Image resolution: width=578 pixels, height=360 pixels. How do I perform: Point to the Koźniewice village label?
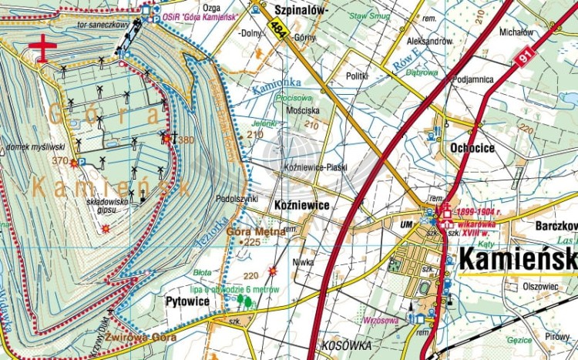coord(302,206)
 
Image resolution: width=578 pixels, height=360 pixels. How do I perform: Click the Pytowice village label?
coord(187,301)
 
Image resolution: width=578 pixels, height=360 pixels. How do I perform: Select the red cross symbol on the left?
coord(43,46)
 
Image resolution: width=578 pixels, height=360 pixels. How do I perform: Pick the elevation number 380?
coord(186,140)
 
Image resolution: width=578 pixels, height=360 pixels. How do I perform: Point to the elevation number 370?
coord(60,160)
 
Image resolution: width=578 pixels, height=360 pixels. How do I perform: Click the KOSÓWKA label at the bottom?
coord(348,344)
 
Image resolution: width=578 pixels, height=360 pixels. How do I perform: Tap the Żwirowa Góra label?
coord(141,337)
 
